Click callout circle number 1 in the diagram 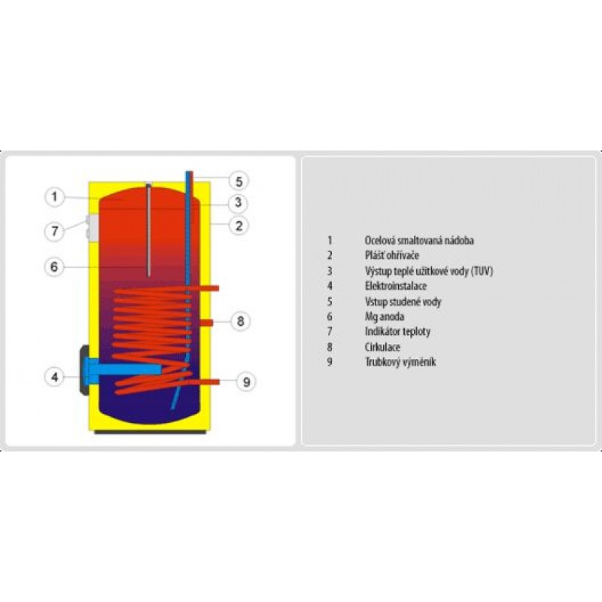54,197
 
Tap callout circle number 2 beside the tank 239,226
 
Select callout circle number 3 238,202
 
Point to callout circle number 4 54,377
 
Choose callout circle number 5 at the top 239,181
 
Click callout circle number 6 54,267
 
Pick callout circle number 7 54,231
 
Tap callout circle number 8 240,321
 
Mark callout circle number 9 246,382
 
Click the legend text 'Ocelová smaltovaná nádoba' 419,241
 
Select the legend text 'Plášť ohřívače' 392,255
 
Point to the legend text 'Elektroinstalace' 396,286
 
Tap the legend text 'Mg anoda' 385,317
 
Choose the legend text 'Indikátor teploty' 397,331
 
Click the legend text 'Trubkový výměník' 400,362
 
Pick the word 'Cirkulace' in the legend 382,347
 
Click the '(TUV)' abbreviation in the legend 482,271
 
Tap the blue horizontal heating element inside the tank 125,369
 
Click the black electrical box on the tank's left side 84,370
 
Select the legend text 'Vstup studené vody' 403,302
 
